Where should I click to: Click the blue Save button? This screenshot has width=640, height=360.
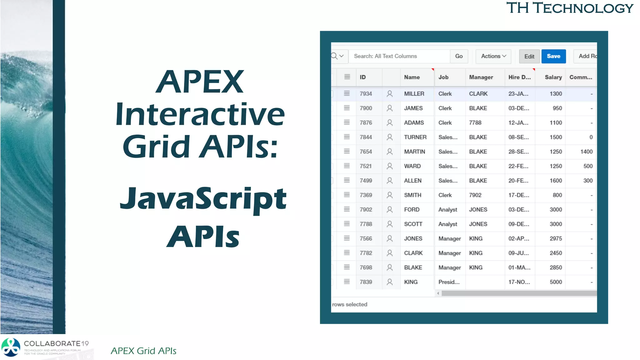(553, 56)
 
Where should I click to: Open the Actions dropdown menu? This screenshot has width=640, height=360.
(493, 56)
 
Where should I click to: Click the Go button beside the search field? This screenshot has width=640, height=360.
(459, 56)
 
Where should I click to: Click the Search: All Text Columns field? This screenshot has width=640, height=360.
(399, 56)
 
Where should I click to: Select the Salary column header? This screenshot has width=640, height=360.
(553, 77)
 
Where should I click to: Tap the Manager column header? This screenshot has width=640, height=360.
(481, 77)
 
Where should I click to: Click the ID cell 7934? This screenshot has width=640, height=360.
(366, 94)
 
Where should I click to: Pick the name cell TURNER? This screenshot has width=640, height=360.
(415, 137)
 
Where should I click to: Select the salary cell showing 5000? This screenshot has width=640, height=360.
(555, 282)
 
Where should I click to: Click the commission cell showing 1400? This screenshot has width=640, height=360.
(586, 152)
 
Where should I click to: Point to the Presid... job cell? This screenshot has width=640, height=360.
(449, 282)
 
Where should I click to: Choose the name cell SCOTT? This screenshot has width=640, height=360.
(413, 224)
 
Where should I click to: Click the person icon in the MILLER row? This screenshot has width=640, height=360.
(389, 94)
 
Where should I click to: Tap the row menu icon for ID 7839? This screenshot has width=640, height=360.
(347, 282)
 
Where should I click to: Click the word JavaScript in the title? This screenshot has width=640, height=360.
(203, 199)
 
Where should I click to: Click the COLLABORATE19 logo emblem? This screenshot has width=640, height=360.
(11, 347)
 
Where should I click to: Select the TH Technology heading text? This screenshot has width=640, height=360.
(569, 8)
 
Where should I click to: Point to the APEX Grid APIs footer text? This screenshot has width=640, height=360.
(143, 351)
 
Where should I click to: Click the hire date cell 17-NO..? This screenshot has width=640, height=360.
(519, 282)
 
